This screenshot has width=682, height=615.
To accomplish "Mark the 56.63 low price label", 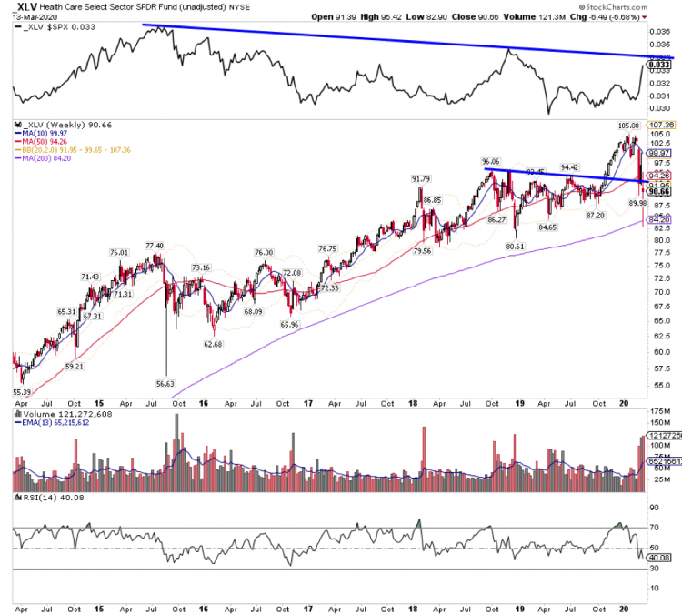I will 165,383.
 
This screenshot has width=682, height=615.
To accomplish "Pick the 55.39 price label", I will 23,390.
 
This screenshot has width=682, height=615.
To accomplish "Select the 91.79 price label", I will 420,178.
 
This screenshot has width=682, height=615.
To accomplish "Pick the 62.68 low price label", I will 214,344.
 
